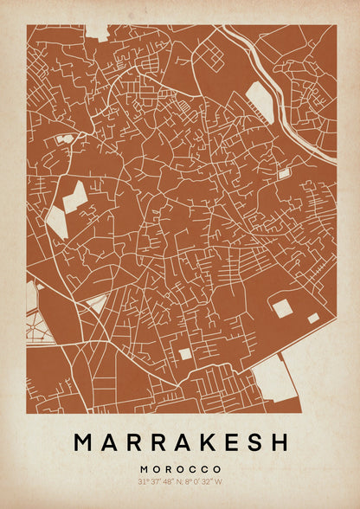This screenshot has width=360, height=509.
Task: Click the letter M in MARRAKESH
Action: [84, 442]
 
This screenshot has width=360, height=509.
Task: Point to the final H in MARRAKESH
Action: [279, 442]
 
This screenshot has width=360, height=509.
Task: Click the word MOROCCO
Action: [180, 468]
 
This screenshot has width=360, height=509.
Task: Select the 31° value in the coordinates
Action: [142, 481]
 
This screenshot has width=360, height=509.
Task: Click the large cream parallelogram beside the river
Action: [260, 102]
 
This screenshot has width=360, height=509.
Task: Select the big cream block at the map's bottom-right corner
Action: [275, 379]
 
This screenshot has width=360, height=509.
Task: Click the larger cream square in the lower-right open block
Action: [282, 307]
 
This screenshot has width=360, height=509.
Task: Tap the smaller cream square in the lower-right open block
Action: [312, 318]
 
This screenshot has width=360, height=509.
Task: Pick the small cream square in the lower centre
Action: [185, 353]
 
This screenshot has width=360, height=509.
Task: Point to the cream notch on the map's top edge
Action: [97, 31]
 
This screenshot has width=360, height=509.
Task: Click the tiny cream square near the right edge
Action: [283, 174]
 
